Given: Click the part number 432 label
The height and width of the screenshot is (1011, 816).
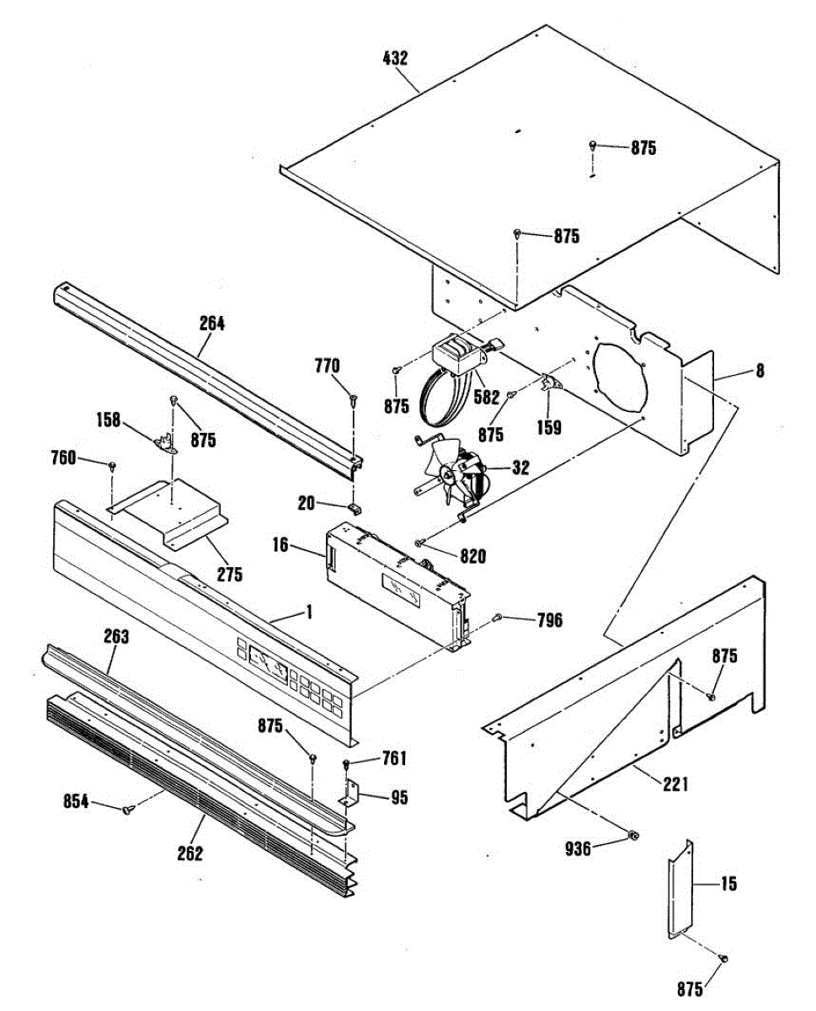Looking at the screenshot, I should (395, 58).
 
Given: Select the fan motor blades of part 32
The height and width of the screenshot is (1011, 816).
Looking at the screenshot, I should (445, 475).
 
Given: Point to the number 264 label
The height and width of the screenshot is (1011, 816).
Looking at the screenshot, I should (212, 323).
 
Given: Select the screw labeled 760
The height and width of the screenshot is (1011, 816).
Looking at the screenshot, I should (111, 465).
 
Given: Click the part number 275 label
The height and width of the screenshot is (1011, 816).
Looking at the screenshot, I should (229, 575).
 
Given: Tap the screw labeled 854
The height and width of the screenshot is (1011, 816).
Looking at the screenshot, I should (128, 810).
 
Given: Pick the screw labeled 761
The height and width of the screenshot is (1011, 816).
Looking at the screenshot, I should (347, 764).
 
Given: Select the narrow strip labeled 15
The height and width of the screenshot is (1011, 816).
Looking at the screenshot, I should (679, 888).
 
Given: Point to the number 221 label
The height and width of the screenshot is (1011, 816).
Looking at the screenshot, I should (675, 784).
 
